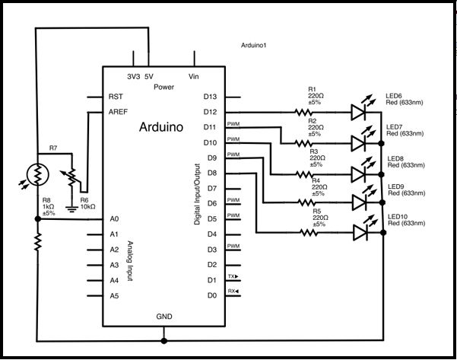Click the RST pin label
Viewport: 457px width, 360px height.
pyautogui.click(x=116, y=97)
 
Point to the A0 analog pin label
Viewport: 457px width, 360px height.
pyautogui.click(x=115, y=218)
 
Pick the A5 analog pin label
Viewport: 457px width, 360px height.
pyautogui.click(x=115, y=295)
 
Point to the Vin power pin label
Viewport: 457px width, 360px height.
pyautogui.click(x=195, y=77)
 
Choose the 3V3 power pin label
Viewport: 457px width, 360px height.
pyautogui.click(x=134, y=77)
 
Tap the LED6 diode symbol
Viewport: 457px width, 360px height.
pyautogui.click(x=360, y=113)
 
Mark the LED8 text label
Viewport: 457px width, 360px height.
pyautogui.click(x=395, y=158)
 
